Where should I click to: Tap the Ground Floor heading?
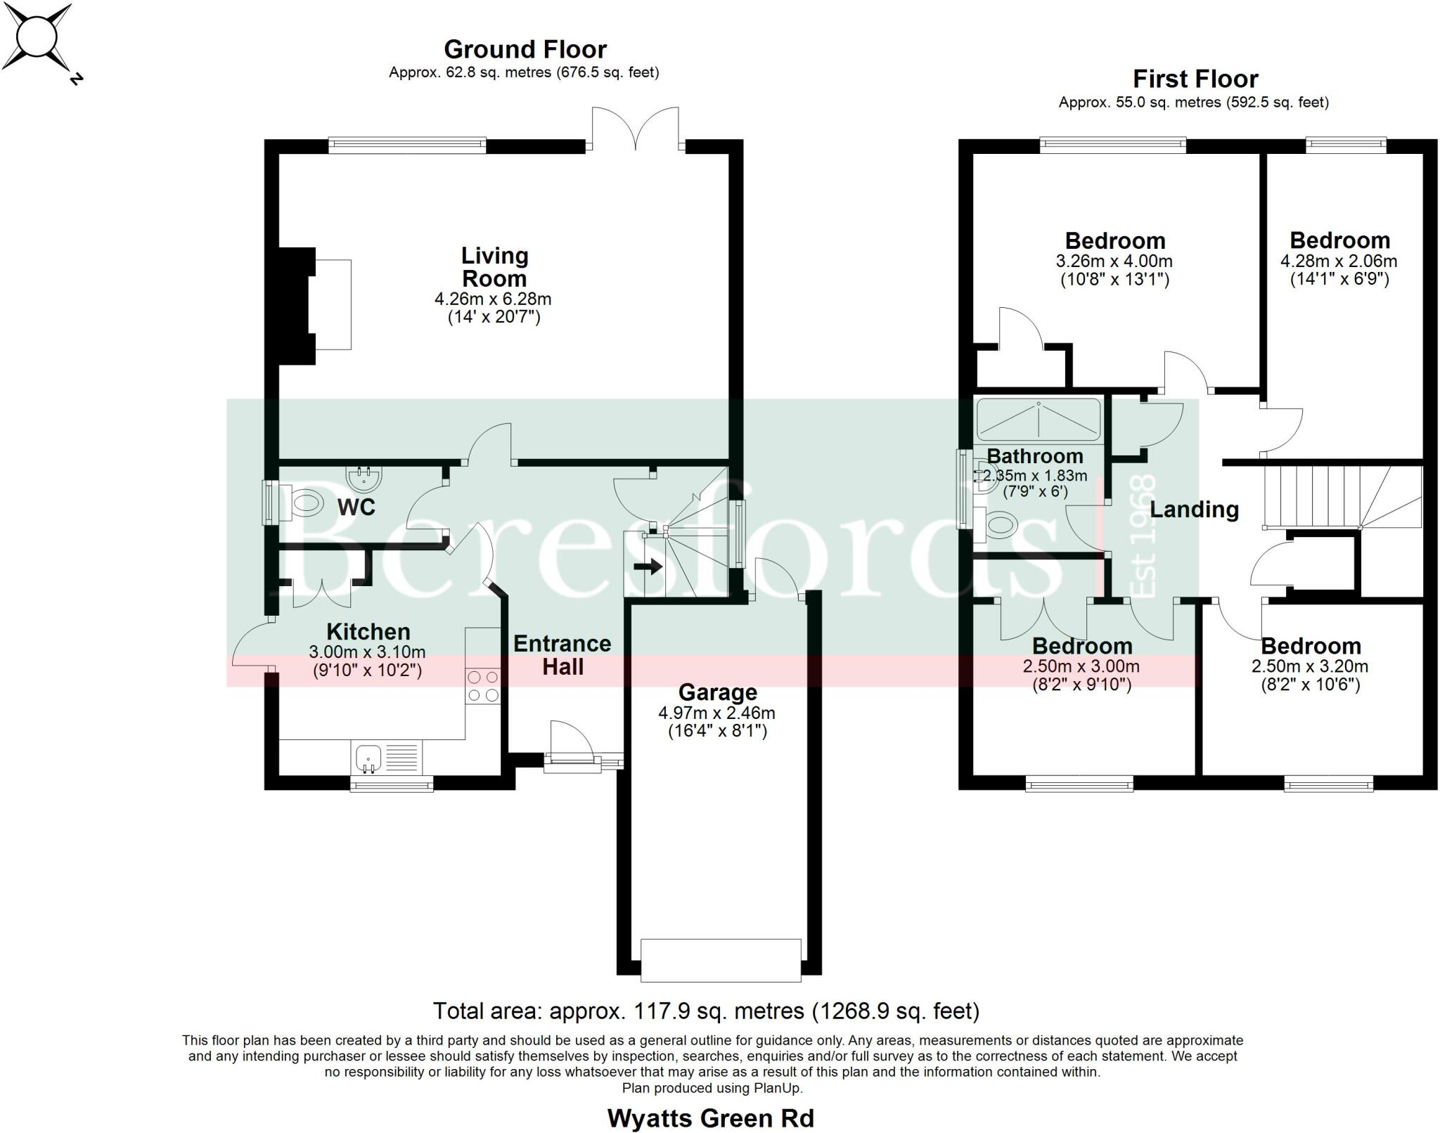click(525, 50)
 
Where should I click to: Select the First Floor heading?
click(1195, 79)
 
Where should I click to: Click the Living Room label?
click(494, 267)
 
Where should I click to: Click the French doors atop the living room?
click(636, 131)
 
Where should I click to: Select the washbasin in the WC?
click(364, 478)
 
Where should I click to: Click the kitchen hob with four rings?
click(483, 686)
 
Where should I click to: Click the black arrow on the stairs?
click(648, 566)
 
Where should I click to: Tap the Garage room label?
click(717, 692)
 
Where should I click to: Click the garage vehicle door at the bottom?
click(720, 959)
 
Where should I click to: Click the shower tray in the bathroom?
click(1038, 420)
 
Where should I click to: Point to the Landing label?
click(1194, 509)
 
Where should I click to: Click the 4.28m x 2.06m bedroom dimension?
click(1339, 261)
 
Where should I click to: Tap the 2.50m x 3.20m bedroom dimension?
click(1310, 666)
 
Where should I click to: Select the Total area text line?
click(706, 1011)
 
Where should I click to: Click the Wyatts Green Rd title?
click(710, 1118)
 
